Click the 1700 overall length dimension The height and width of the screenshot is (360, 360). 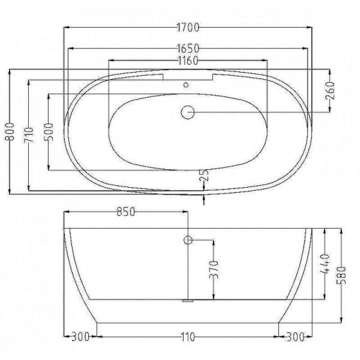pos(188,28)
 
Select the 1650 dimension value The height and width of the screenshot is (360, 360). pos(188,49)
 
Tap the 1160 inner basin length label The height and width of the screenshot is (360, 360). pos(188,61)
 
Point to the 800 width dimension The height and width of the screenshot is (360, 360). pos(10,131)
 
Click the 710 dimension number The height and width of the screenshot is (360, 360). pos(29,135)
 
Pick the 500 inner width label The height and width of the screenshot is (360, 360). pos(49,132)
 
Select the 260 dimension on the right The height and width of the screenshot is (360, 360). pos(330,91)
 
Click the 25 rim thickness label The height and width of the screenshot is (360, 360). pos(204,176)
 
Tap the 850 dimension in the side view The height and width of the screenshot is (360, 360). pos(126,212)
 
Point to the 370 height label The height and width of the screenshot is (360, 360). pos(214,270)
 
